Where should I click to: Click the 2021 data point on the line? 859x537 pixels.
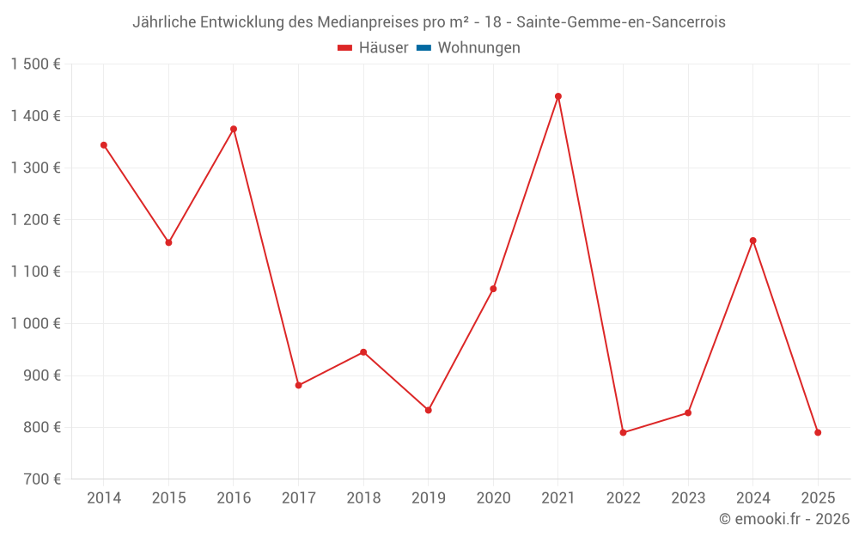coord(558,96)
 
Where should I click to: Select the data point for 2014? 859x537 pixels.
coord(104,145)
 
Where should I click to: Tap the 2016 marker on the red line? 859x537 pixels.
coord(234,129)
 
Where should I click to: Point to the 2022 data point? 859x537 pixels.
coord(623,432)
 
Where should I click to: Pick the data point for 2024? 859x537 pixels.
coord(753,241)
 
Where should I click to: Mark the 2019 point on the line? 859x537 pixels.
coord(429,410)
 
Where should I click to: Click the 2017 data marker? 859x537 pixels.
coord(299,385)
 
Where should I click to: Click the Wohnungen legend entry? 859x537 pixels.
coord(478,48)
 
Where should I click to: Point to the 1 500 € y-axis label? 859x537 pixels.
coord(36,64)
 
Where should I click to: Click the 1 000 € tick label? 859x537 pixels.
coord(36,324)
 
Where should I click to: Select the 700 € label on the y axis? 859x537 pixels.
coord(41,479)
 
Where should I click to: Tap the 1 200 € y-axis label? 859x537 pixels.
coord(36,220)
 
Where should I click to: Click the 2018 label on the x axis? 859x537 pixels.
coord(363,497)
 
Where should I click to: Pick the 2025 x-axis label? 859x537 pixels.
coord(818,497)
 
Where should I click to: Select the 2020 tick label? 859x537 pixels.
coord(493,497)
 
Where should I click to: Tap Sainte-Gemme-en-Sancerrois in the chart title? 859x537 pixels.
coord(621,22)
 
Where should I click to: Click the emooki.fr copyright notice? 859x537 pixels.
coord(784,519)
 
